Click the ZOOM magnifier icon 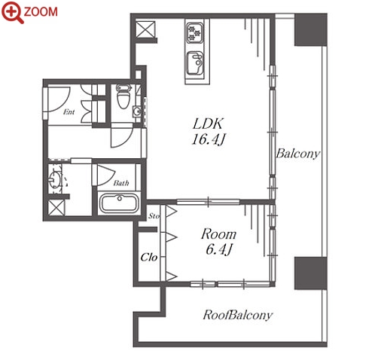[x=12, y=12]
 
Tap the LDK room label [x=208, y=124]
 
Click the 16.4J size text [x=208, y=139]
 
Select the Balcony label [x=298, y=154]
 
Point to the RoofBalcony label [x=237, y=315]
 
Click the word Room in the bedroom [x=218, y=234]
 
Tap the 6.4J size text [x=219, y=249]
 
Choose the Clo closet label [x=149, y=257]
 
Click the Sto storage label [x=154, y=215]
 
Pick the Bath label [x=121, y=183]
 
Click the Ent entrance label [x=69, y=111]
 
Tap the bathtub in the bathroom [x=120, y=203]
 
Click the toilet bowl [x=123, y=96]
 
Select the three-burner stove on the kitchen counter [x=195, y=33]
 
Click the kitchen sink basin [x=195, y=63]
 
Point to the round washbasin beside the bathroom [x=55, y=178]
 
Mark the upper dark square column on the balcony [x=310, y=30]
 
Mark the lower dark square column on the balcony [x=310, y=273]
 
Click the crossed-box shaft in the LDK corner [x=145, y=30]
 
